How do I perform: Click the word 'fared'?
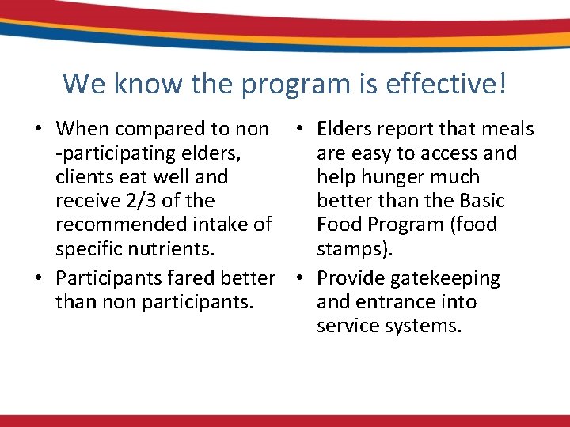200,278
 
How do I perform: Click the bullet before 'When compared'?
38,130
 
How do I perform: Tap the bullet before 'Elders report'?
298,130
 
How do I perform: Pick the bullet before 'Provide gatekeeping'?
298,279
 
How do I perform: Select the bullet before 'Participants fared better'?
38,279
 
